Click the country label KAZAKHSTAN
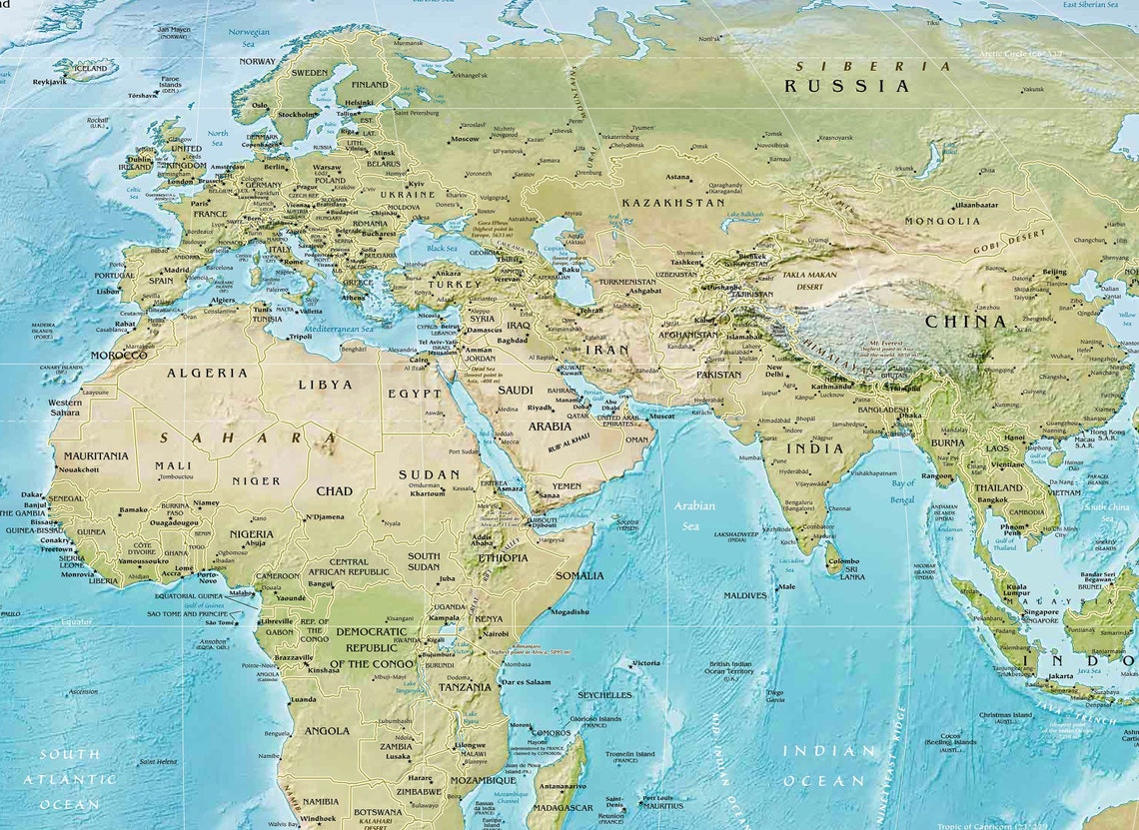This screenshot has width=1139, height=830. coord(672,203)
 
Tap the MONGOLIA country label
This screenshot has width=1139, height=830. coord(942,221)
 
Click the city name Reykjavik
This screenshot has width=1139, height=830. coord(49,82)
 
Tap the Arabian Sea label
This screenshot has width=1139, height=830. coord(693,515)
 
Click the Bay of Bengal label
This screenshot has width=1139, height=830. coord(902,490)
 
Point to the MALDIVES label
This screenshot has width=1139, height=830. coord(744,595)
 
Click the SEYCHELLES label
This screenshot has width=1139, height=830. coord(603,695)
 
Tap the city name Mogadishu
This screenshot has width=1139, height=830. coord(569,612)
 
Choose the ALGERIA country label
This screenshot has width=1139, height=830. coord(207,373)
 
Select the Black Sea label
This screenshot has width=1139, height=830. coord(442,248)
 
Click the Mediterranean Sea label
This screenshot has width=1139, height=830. coord(338,329)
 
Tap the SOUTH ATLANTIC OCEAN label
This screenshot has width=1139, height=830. coord(69,779)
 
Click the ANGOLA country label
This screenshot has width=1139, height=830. coord(327,730)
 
